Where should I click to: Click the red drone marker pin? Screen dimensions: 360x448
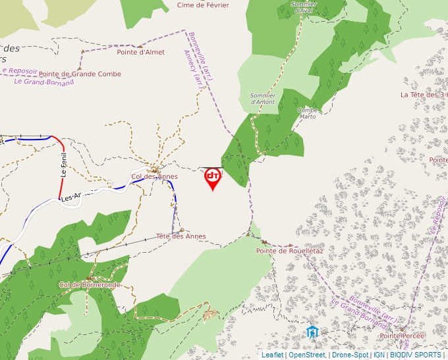coord(212,178)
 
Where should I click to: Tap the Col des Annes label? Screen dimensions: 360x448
coord(155,176)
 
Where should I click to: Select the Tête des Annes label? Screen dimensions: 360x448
coord(181,236)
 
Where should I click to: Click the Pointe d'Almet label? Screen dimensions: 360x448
coord(140,52)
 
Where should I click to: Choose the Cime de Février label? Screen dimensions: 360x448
coord(203,5)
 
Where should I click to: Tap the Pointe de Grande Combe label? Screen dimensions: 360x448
coord(80,74)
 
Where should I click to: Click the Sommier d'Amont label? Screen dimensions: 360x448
coord(263,99)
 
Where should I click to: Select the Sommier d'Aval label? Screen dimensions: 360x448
coord(303,7)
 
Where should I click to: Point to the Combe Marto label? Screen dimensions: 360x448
coord(308,113)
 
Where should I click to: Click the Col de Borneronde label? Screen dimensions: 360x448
coord(90,285)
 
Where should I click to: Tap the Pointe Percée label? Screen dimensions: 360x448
coord(402,336)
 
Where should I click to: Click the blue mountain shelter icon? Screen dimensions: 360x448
coord(312,332)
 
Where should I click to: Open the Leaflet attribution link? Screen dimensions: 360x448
coord(272,355)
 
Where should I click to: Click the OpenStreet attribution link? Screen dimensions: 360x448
coord(306,355)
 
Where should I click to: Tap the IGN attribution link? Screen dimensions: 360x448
coord(379,355)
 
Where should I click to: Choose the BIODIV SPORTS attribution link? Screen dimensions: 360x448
coord(415,355)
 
